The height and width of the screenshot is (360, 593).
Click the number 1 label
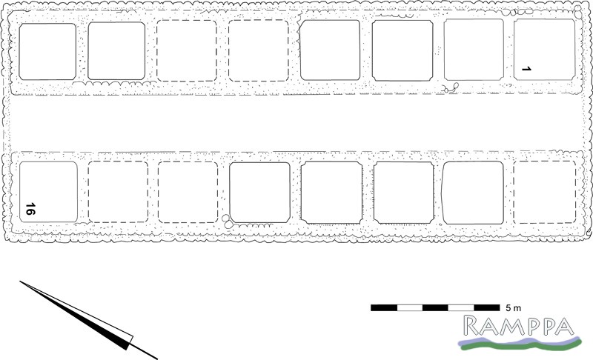point(526,69)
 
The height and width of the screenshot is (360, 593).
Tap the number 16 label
point(30,209)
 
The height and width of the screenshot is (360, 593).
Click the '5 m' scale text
point(513,308)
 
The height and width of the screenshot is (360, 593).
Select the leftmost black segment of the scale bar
point(384,307)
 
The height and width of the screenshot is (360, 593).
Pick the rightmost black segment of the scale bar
point(487,307)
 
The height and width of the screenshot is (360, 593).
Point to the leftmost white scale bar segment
point(410,307)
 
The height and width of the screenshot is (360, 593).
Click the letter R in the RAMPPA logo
point(472,326)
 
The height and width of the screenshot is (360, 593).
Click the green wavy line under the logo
point(521,345)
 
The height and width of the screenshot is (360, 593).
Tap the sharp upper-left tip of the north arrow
point(20,281)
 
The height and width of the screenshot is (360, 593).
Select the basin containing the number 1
point(544,50)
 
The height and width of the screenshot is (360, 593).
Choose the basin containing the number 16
point(48,192)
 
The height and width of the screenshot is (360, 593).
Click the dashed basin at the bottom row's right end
point(545,193)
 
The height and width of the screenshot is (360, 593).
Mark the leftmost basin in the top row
point(47,52)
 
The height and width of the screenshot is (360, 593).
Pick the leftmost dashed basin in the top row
point(187,50)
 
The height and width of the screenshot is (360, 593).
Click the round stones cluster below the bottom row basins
point(228,221)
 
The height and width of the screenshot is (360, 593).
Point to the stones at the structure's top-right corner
point(578,11)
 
